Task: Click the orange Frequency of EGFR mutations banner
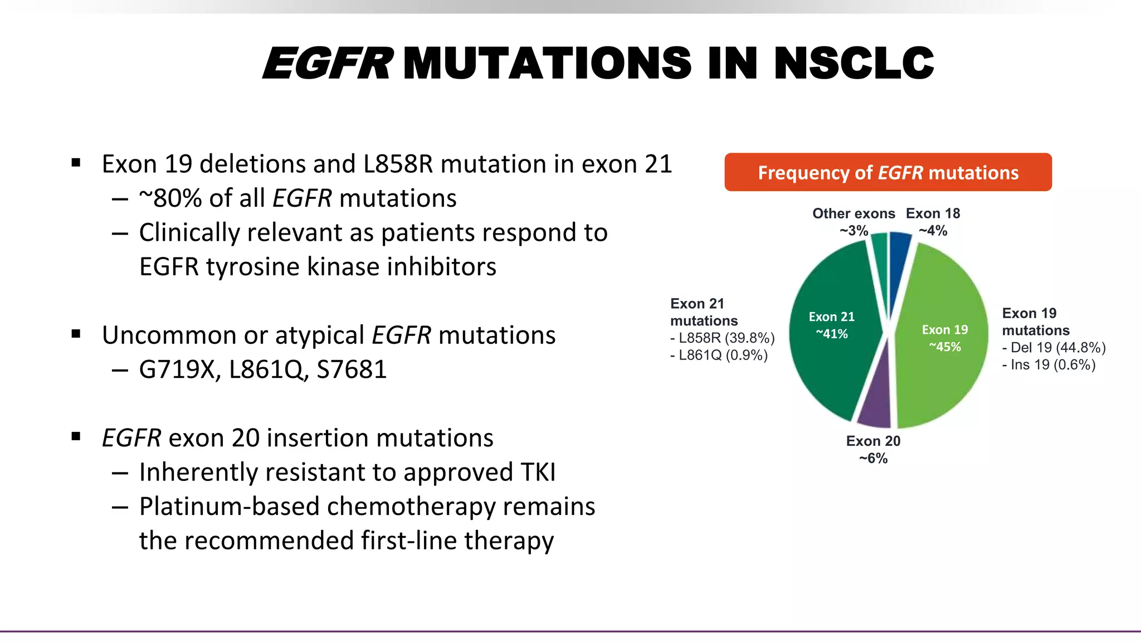pos(888,173)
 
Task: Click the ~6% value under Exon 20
pos(873,459)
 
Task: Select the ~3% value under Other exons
pos(854,231)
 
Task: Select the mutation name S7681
pos(352,370)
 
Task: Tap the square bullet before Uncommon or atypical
pos(76,334)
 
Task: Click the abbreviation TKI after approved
pos(538,473)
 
